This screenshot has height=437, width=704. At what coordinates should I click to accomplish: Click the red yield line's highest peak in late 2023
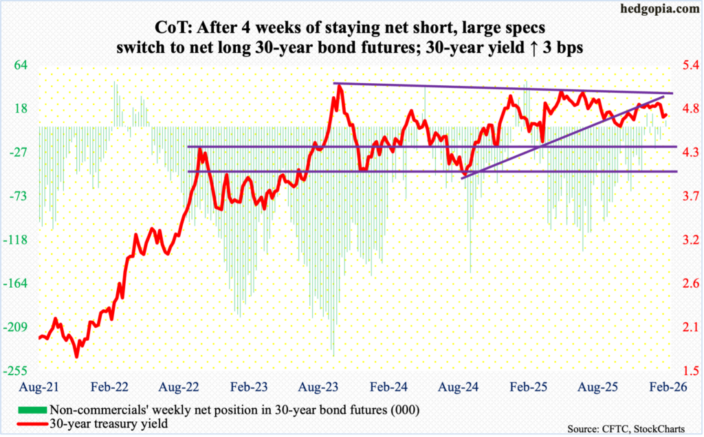[x=338, y=85]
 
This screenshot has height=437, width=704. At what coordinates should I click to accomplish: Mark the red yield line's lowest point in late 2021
[x=76, y=356]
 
